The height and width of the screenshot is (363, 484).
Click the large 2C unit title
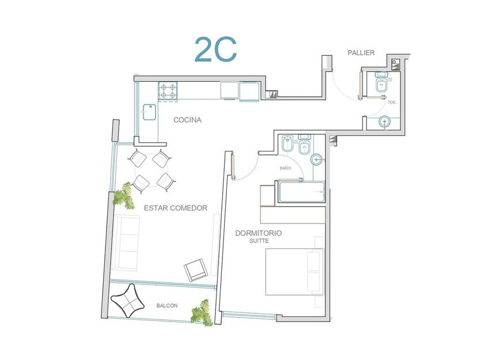tap(215, 50)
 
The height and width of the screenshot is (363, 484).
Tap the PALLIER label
tap(361, 53)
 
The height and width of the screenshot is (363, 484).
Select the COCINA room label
tap(187, 120)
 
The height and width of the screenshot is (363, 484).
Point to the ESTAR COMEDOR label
tap(176, 208)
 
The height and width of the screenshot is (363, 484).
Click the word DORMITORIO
tap(259, 233)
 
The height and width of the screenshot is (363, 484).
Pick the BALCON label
tap(167, 305)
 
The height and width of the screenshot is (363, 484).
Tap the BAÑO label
tap(286, 168)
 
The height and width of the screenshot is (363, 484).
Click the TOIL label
tap(392, 103)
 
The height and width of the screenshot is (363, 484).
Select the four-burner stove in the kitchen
tap(168, 92)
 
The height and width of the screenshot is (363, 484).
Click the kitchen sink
tap(150, 112)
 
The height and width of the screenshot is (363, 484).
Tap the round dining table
tap(152, 170)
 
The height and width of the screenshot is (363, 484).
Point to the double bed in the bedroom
tap(294, 271)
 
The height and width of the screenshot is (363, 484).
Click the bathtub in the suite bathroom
tap(301, 192)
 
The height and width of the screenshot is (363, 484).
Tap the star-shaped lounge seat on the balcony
tap(127, 300)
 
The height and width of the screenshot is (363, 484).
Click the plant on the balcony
tap(202, 313)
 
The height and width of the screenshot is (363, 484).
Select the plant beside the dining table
tap(124, 196)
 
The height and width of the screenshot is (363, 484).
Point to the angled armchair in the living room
tap(196, 270)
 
